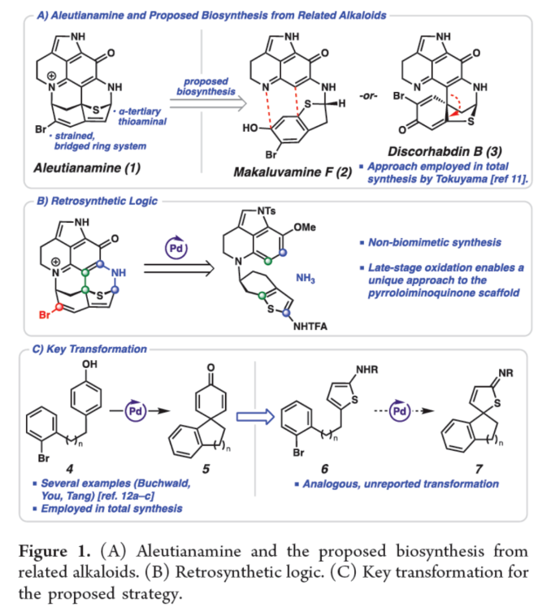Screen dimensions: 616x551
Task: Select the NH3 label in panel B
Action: click(321, 278)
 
